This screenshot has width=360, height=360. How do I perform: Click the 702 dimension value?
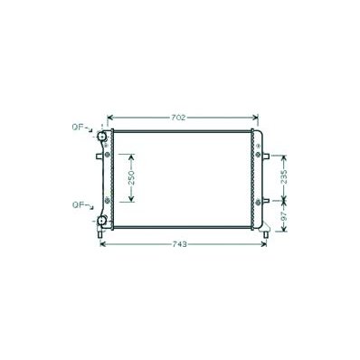(x=178, y=118)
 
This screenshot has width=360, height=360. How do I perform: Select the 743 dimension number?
(x=180, y=244)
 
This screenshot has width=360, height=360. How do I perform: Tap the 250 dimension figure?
(x=131, y=178)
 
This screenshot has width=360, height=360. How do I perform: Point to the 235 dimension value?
(x=284, y=176)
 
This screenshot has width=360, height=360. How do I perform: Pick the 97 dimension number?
(x=284, y=216)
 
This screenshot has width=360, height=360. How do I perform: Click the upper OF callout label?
(x=78, y=127)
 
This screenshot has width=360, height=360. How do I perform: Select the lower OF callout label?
(x=78, y=205)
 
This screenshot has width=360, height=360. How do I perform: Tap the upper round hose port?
(x=102, y=137)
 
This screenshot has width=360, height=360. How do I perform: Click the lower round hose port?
(x=102, y=222)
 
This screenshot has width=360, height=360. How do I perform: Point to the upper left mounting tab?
(x=99, y=156)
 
